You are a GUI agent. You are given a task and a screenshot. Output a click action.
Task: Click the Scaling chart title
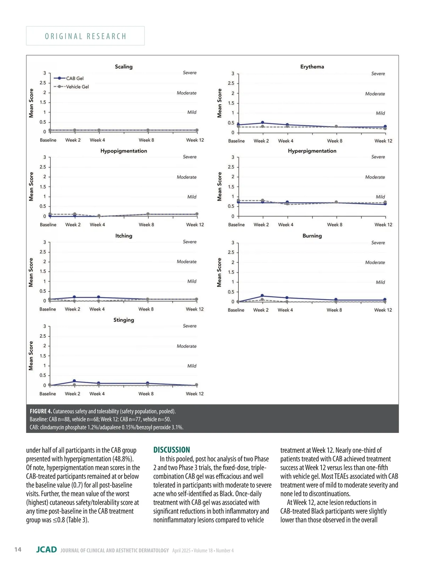[x=124, y=66]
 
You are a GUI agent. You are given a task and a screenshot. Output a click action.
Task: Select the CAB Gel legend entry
[x=75, y=79]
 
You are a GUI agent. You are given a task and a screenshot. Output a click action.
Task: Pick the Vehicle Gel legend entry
[x=77, y=87]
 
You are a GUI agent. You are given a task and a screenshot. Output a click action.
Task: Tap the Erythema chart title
[x=312, y=66]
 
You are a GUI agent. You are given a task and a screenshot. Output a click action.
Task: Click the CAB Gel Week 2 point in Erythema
[x=262, y=123]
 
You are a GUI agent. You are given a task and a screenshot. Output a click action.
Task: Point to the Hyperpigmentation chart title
[x=312, y=151]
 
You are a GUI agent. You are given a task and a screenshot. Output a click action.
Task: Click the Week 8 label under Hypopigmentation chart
[x=146, y=225]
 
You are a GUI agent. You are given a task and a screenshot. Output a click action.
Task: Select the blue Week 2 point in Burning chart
[x=262, y=296]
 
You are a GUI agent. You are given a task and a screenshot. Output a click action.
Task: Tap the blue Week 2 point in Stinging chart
[x=74, y=381]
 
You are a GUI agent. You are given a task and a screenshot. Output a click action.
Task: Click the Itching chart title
[x=124, y=236]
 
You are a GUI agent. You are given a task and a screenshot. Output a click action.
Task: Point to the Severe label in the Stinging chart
[x=189, y=326]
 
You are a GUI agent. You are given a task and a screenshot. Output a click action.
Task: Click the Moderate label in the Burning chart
[x=375, y=262]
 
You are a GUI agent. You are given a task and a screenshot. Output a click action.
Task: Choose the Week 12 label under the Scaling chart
[x=195, y=140]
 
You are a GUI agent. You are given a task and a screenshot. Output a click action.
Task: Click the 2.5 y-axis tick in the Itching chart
[x=43, y=252]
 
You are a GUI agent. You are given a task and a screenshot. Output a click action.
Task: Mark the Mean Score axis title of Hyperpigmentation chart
[x=220, y=186]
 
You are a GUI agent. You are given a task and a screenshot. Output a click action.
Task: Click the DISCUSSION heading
[x=172, y=450]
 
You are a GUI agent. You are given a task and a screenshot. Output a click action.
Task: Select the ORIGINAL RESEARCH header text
[x=85, y=36]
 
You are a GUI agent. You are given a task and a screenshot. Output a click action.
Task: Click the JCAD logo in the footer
[x=46, y=550]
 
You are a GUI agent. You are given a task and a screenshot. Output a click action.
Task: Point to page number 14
[x=18, y=549]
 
